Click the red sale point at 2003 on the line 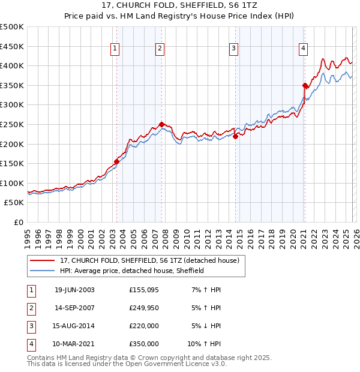point(116,161)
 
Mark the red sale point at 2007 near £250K point(161,124)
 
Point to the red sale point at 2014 point(235,136)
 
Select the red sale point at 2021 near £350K point(305,85)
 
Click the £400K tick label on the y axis point(12,66)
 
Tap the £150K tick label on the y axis point(12,163)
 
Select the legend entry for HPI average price point(132,271)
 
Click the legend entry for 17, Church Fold point(150,260)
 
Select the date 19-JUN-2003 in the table point(74,290)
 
